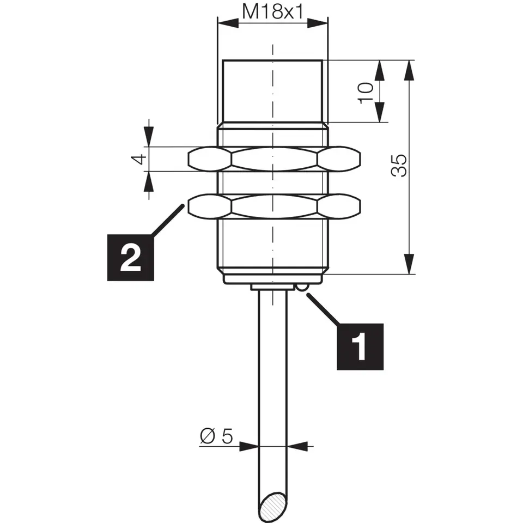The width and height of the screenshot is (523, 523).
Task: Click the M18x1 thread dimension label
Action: (272, 12)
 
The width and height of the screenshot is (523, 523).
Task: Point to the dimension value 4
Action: (140, 159)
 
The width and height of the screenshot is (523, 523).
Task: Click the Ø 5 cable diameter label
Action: (216, 436)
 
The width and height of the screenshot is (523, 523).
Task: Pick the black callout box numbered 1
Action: (360, 346)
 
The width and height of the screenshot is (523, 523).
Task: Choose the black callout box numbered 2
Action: (130, 258)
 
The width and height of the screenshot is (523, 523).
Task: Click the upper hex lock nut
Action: (275, 159)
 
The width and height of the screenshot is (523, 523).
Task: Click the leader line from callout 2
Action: (167, 220)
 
